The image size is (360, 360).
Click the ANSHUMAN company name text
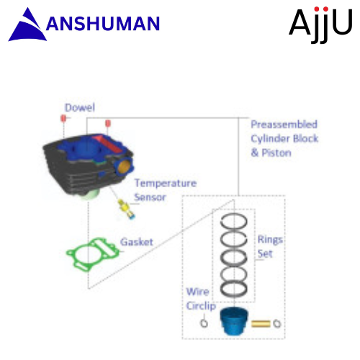pos(103,24)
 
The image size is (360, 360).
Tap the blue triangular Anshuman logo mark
pos(27,27)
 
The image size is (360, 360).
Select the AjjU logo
pos(320,24)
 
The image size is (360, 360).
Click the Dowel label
pos(80,107)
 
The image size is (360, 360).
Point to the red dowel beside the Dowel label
pos(63,118)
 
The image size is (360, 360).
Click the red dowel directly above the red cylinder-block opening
pos(108,123)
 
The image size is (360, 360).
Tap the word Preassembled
pos(284,125)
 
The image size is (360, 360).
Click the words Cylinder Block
pos(284,139)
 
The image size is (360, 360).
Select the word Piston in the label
pos(276,153)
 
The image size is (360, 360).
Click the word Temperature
pos(166,184)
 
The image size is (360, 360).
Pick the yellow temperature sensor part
pos(126,208)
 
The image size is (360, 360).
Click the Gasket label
pos(137,242)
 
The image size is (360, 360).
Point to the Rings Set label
pos(269,247)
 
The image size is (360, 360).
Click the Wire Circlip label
pos(201,299)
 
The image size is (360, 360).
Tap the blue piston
pos(234,320)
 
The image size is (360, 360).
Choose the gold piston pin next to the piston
pos(261,324)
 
